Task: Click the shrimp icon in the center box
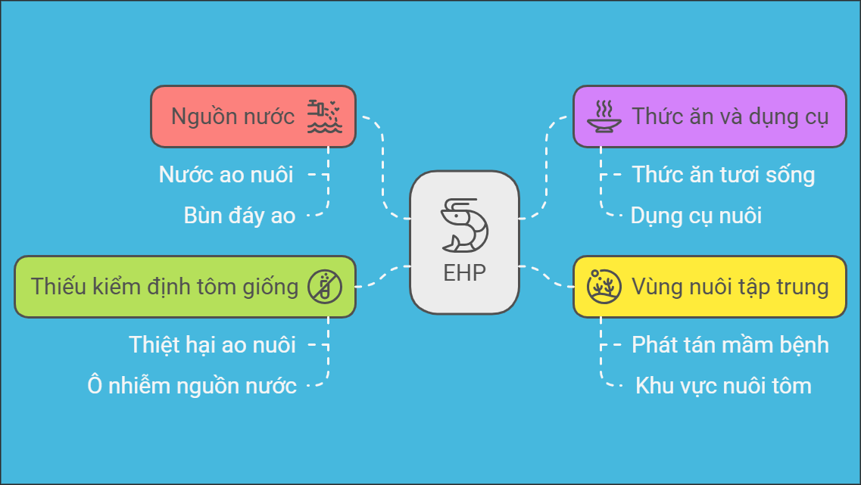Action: (464, 225)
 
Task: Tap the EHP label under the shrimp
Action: (464, 272)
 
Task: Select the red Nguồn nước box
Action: (253, 117)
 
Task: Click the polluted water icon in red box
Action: (325, 117)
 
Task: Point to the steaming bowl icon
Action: (604, 117)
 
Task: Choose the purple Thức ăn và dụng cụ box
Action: (710, 117)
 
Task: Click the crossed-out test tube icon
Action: (325, 287)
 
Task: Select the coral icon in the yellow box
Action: (604, 287)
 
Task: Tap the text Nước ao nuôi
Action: (226, 175)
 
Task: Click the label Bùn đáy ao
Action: (239, 216)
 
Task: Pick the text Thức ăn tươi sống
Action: (723, 175)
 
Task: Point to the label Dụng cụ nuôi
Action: (696, 216)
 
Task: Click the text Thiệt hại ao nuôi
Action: (213, 345)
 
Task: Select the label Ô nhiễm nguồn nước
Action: (192, 386)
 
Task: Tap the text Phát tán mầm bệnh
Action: (730, 345)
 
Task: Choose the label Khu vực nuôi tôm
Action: (723, 386)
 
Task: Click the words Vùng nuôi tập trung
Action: (730, 287)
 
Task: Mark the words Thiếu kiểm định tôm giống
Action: (164, 287)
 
